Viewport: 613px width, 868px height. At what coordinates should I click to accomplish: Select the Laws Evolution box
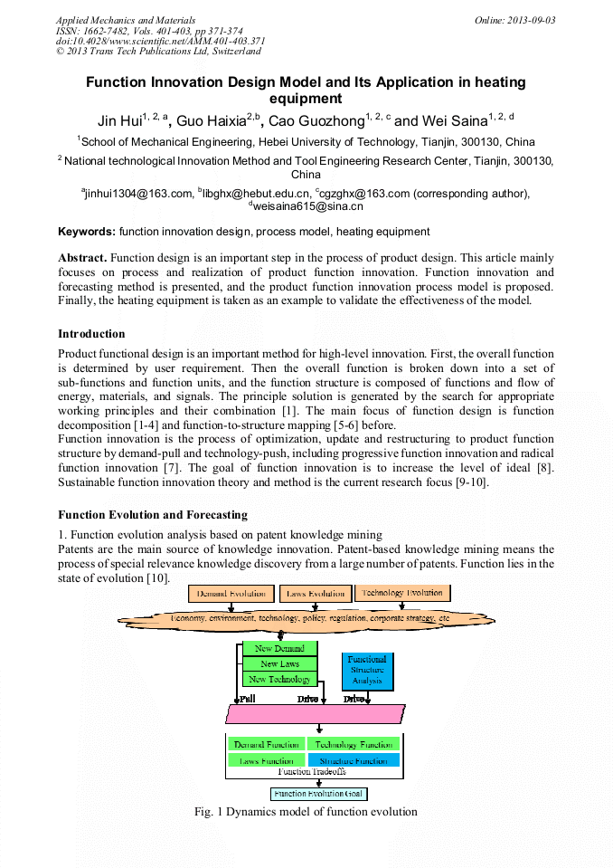[x=316, y=594]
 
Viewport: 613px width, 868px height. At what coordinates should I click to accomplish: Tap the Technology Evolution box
[x=402, y=593]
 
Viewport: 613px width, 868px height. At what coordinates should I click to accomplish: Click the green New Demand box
[x=279, y=649]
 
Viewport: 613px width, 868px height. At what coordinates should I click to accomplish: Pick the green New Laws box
[x=279, y=663]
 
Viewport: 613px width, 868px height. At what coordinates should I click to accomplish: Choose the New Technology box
[x=279, y=679]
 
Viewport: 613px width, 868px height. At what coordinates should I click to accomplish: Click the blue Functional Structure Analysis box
[x=367, y=671]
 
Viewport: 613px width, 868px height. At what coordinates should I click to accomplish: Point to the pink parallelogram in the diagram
[x=315, y=713]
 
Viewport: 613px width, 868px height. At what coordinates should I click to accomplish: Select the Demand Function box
[x=266, y=744]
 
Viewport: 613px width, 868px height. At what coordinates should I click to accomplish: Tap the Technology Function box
[x=354, y=744]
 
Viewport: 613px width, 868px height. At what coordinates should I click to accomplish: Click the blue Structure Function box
[x=354, y=760]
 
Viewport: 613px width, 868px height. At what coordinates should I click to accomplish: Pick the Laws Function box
[x=266, y=760]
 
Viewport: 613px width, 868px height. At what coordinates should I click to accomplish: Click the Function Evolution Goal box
[x=318, y=794]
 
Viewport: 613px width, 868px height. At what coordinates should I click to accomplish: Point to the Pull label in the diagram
[x=247, y=699]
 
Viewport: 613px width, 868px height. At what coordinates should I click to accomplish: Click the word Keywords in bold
[x=87, y=232]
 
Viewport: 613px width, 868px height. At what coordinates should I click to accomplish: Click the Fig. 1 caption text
[x=306, y=811]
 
